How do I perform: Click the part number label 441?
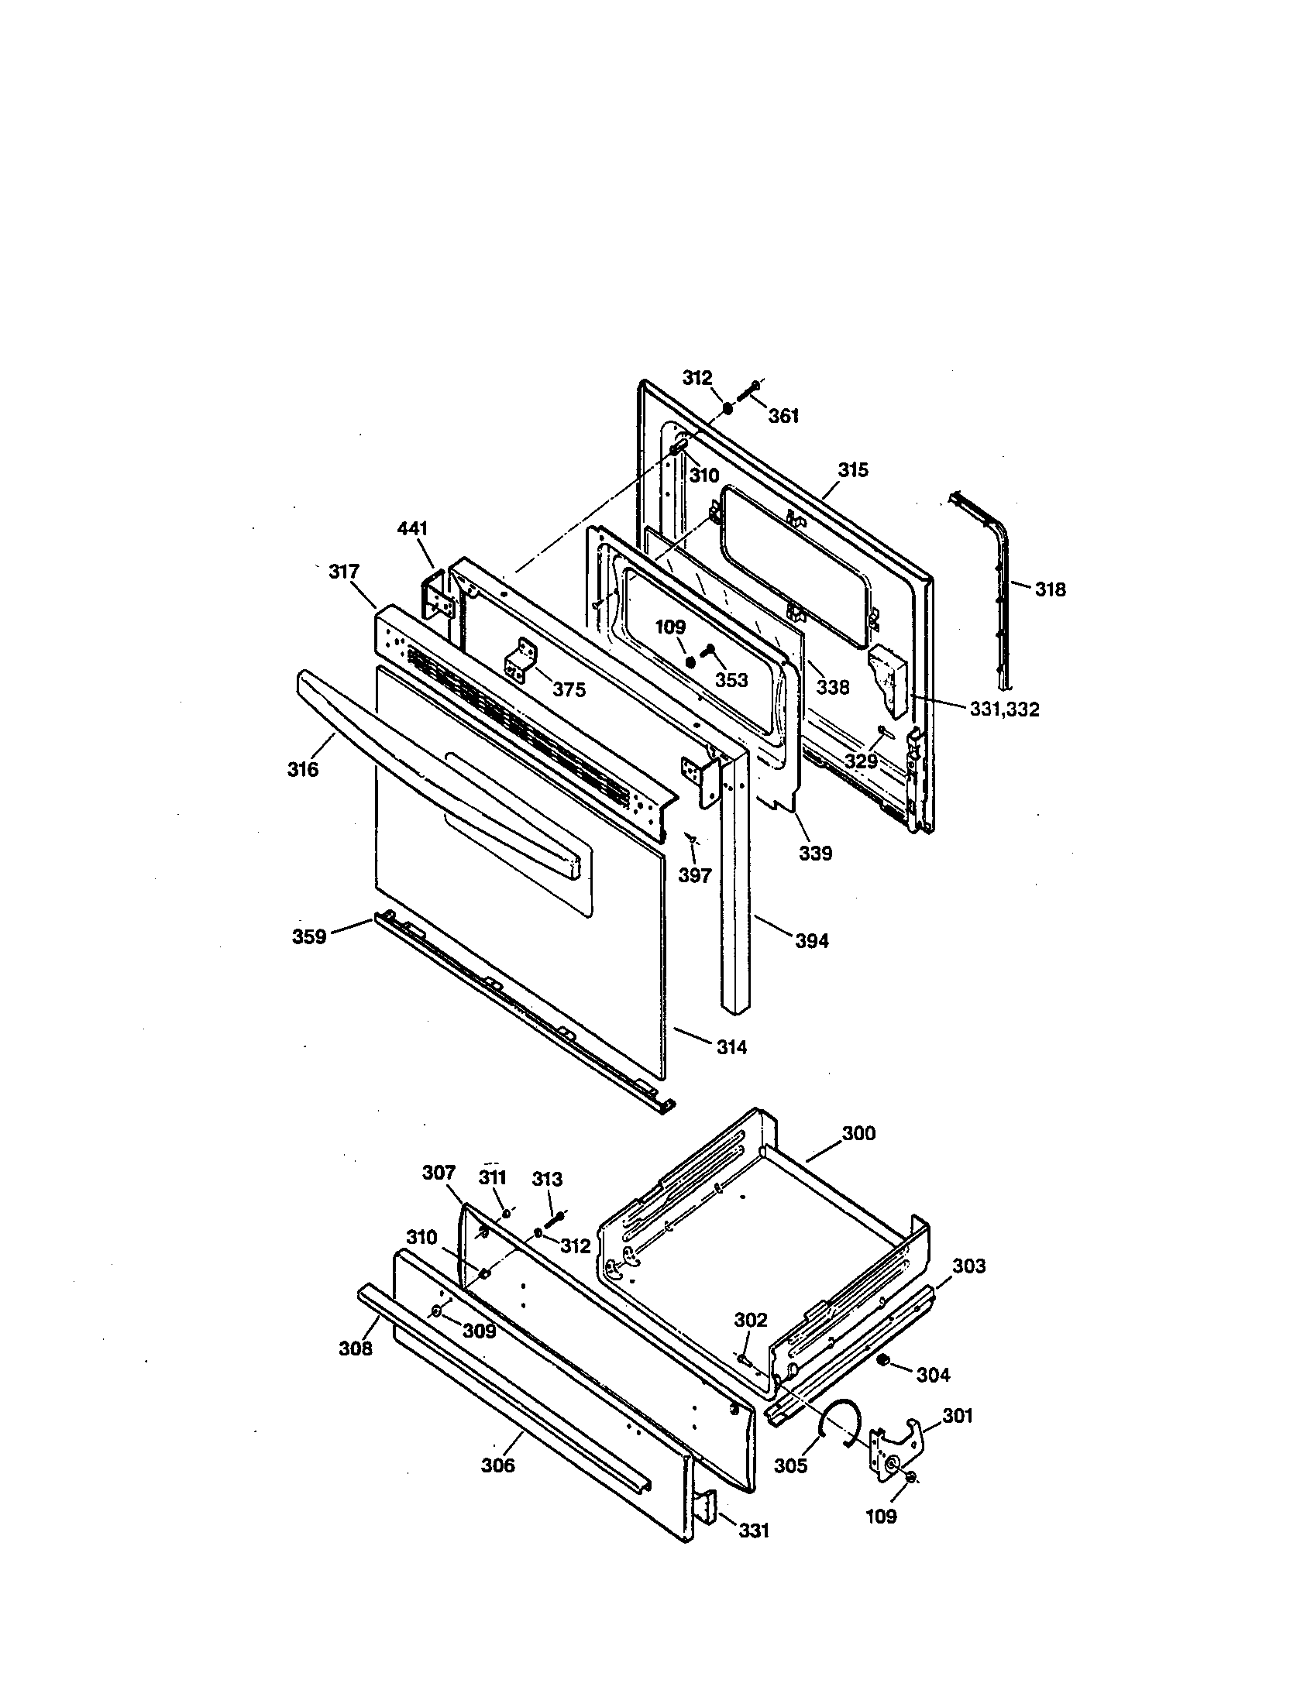(x=412, y=529)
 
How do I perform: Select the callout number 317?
(x=344, y=572)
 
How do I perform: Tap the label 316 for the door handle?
(x=303, y=769)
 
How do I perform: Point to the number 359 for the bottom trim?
(x=309, y=936)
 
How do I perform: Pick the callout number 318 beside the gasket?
(x=1050, y=590)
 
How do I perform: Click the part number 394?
(x=811, y=941)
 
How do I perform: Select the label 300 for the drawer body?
(x=858, y=1133)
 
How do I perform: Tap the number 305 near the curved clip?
(x=790, y=1466)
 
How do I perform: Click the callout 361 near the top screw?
(x=783, y=417)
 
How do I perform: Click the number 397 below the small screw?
(x=693, y=875)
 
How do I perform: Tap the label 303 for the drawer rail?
(x=968, y=1266)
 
